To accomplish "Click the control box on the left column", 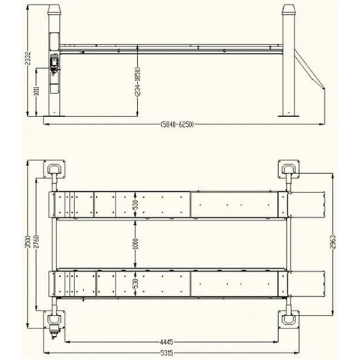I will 54,62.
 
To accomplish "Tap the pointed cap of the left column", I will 54,11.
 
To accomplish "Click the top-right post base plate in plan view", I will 289,168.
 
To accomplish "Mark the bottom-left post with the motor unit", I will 53,321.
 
